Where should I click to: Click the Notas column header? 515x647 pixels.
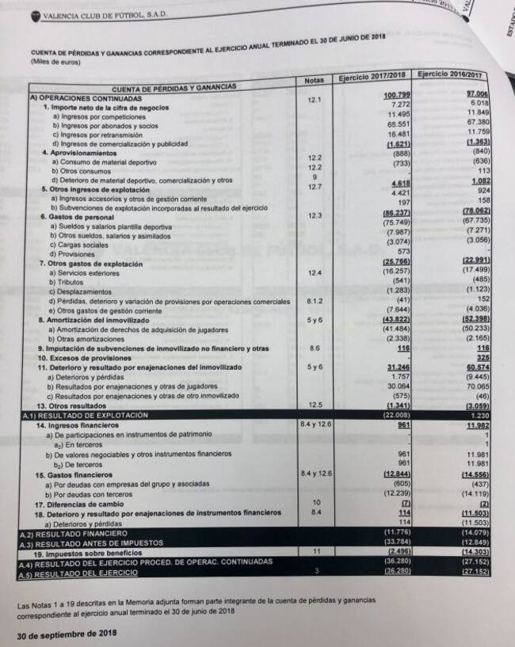(x=313, y=80)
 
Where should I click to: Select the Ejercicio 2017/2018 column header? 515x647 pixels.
(x=372, y=76)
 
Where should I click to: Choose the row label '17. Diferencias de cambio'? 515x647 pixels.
(x=81, y=504)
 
